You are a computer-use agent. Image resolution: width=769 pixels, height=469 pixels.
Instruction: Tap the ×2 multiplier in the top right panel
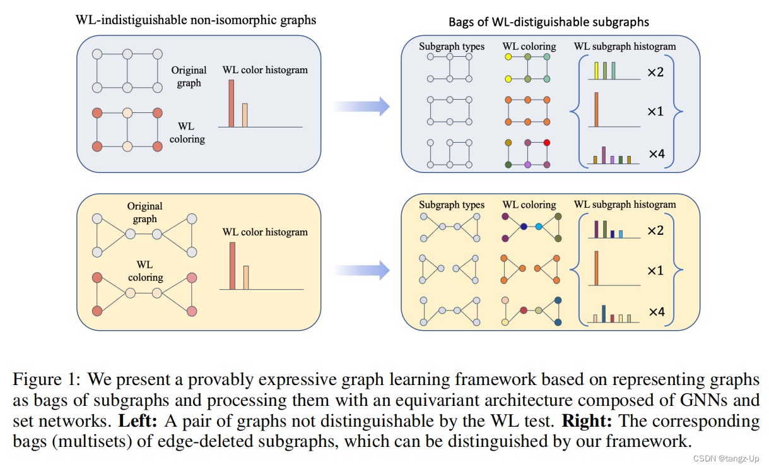655,73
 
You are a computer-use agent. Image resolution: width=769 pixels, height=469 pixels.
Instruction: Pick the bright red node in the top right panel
546,143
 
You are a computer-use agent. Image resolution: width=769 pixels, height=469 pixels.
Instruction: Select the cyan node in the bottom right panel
538,226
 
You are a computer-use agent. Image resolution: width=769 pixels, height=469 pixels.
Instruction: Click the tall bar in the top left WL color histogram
231,104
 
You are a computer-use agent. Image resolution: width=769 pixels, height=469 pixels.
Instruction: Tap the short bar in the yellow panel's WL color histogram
246,277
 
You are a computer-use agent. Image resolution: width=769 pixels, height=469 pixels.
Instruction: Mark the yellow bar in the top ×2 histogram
597,71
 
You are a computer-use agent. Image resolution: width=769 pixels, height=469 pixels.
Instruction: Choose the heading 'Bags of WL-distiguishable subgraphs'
548,22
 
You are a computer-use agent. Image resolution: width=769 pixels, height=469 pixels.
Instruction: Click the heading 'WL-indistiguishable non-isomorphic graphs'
195,20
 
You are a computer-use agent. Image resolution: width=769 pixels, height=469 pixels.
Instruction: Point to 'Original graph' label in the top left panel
189,76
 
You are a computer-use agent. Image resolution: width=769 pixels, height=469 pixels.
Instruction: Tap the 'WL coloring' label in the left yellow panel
145,271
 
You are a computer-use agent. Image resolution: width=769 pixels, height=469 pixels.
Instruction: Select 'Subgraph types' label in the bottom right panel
452,205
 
